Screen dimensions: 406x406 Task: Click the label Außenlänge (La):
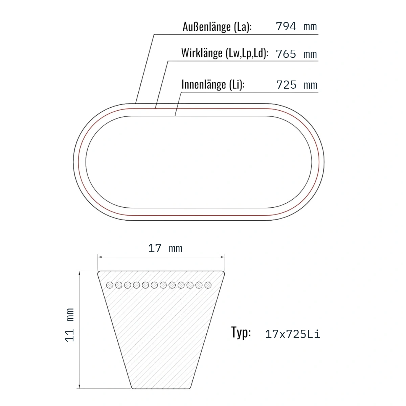217,27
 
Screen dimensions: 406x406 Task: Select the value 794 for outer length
286,26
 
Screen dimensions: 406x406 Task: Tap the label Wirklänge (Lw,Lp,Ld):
225,53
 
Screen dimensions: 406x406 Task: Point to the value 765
286,54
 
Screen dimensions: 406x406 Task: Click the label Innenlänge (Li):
213,85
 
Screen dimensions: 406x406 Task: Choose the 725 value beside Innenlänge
286,85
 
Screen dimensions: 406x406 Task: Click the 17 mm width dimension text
165,248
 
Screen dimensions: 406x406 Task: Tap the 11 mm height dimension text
70,325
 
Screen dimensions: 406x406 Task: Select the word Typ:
241,333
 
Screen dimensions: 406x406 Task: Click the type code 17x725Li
292,334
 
